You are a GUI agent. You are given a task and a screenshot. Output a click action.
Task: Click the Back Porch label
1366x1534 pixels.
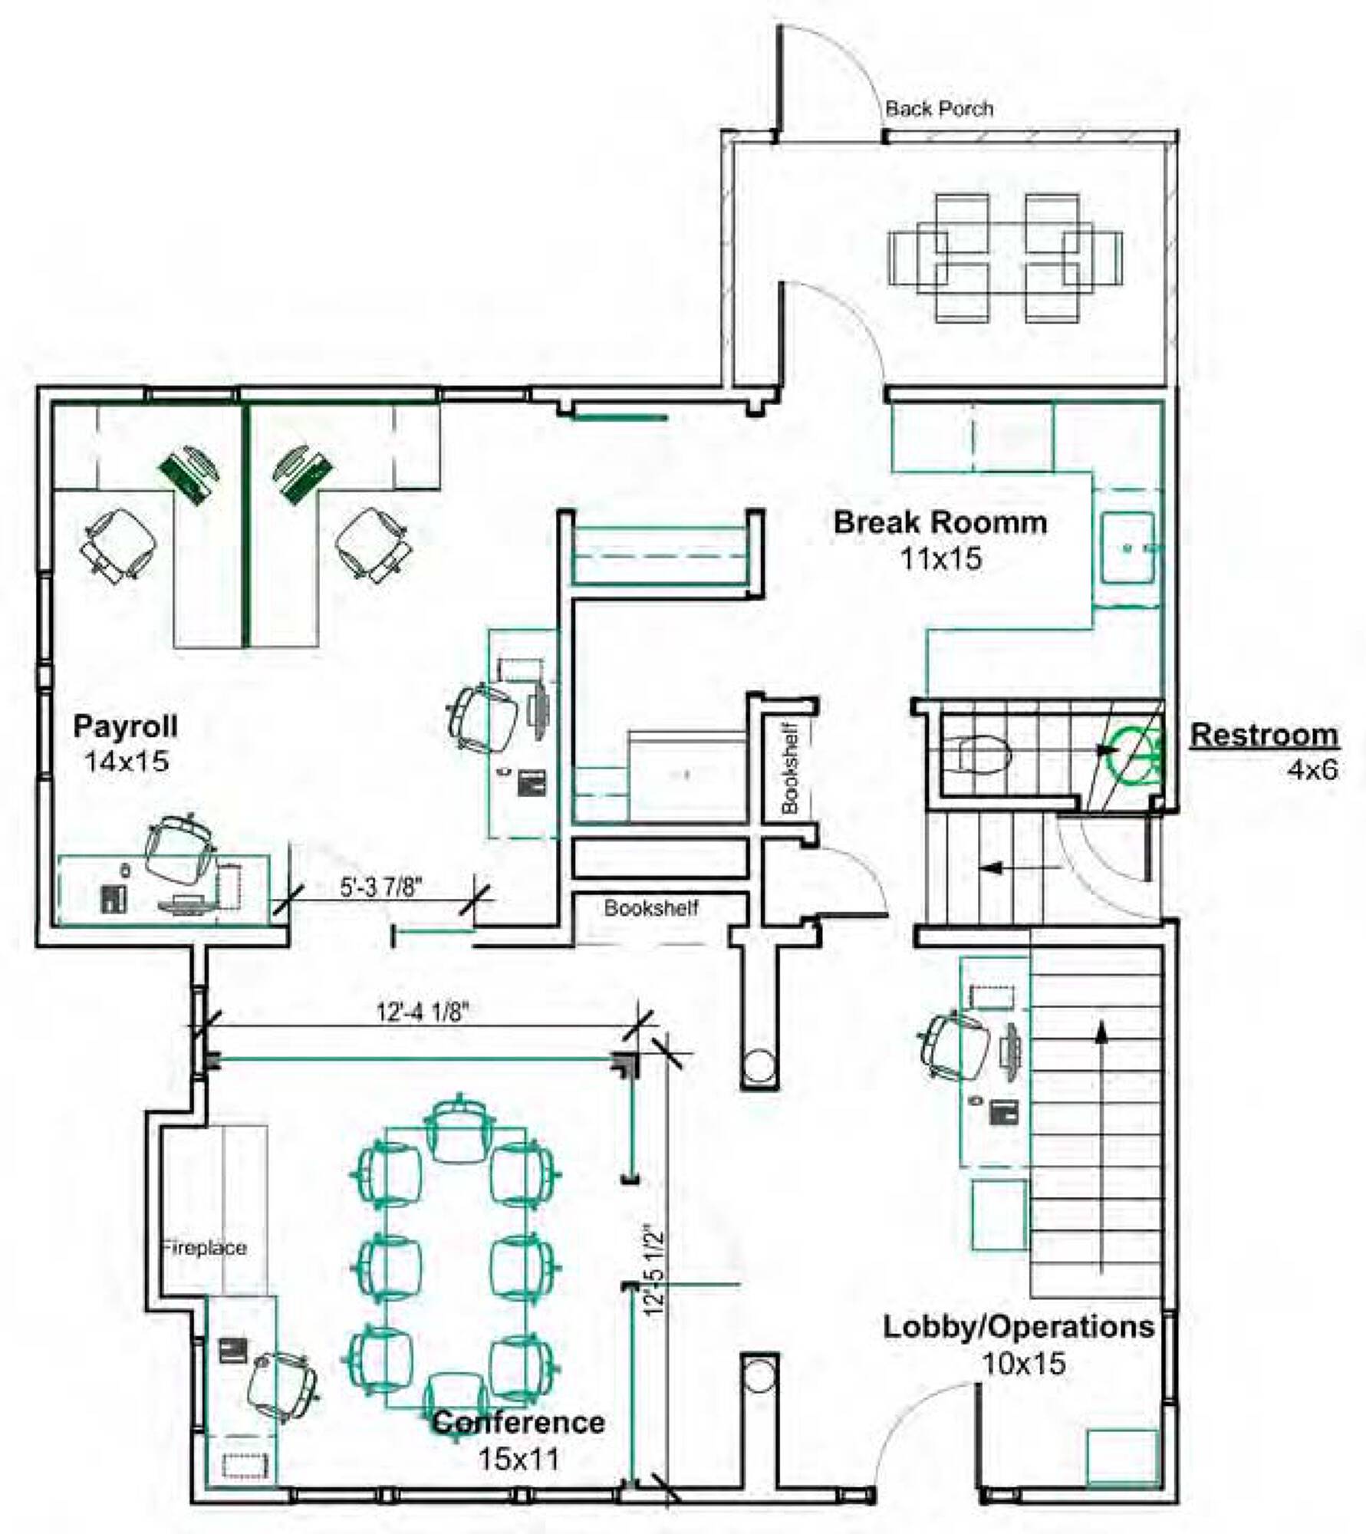(940, 109)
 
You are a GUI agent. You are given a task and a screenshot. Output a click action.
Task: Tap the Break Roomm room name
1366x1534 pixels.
(940, 523)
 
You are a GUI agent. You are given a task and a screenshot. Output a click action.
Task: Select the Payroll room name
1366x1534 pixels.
(125, 726)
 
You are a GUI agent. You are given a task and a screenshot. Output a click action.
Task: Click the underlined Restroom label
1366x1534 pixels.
(1264, 735)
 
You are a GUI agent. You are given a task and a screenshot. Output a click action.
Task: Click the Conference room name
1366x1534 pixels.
(519, 1423)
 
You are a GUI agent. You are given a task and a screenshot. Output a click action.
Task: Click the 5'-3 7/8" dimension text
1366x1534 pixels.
(381, 887)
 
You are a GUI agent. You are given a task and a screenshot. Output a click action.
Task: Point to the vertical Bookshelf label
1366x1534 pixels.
(790, 768)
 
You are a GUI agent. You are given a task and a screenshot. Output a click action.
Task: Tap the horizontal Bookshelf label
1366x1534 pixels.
(651, 908)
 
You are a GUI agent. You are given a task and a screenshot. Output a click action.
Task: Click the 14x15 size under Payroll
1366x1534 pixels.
(127, 762)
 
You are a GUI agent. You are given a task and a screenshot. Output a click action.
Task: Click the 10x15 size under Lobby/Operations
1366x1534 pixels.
(1024, 1364)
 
